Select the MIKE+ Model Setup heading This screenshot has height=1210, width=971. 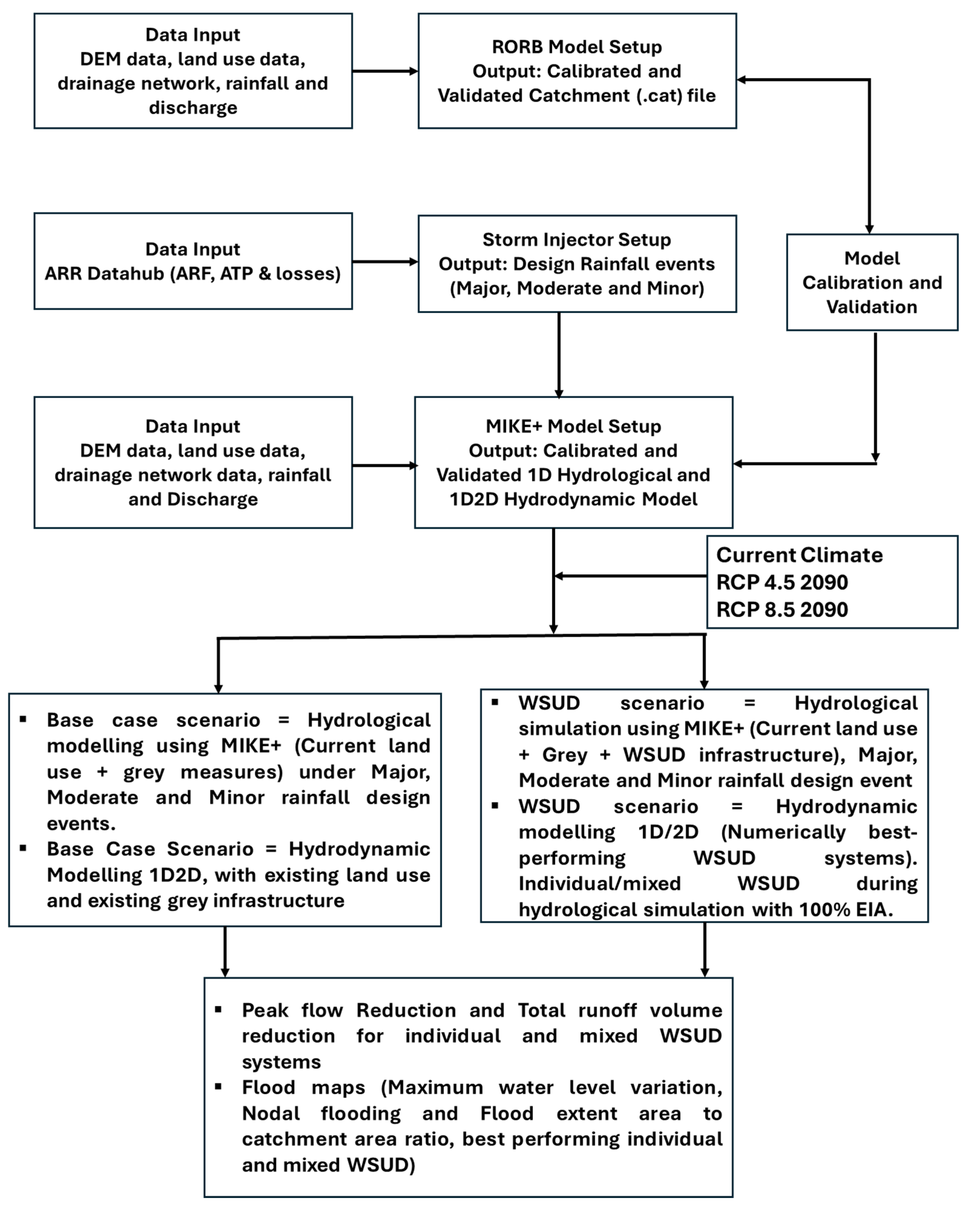[573, 427]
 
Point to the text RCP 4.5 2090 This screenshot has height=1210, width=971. [782, 582]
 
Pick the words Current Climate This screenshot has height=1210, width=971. [799, 555]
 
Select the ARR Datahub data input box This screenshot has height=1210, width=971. [193, 261]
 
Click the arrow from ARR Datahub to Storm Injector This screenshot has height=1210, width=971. [385, 262]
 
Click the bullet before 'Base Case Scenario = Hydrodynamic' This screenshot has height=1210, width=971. [23, 848]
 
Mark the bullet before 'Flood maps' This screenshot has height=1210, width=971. [218, 1086]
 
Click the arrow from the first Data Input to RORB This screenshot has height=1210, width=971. [385, 71]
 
